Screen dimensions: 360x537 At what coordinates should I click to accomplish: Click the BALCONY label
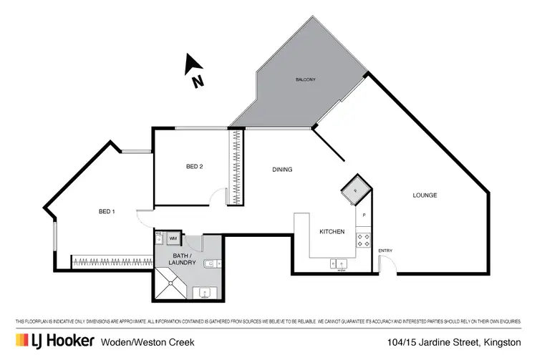(305, 79)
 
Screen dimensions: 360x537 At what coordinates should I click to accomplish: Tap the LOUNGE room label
(425, 195)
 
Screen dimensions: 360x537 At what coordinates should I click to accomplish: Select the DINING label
(282, 170)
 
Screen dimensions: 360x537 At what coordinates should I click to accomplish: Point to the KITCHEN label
(332, 232)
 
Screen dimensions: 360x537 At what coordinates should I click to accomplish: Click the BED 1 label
(107, 211)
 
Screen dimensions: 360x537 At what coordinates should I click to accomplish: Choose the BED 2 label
(195, 167)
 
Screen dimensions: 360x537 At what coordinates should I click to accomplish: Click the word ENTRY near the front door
(385, 250)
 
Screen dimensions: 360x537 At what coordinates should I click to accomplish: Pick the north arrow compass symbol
(194, 72)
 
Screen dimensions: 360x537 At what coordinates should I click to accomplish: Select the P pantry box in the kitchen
(364, 215)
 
